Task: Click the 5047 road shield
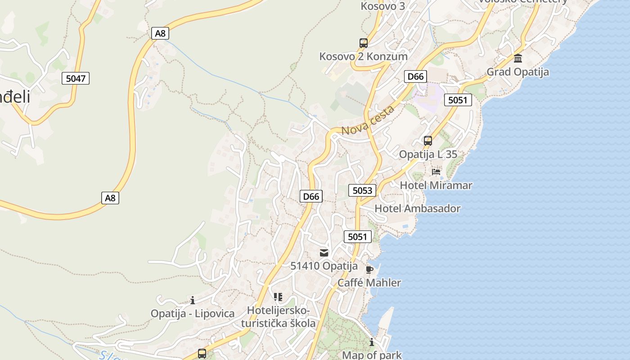click(76, 78)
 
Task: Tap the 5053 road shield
click(362, 190)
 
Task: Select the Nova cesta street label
click(368, 120)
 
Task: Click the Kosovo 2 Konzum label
click(363, 57)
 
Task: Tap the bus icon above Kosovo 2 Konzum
click(364, 43)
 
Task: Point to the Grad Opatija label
click(517, 72)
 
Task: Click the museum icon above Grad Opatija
click(518, 58)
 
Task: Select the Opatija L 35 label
click(428, 154)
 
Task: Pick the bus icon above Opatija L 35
click(428, 141)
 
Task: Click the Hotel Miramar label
click(436, 185)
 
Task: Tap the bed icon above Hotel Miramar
click(436, 171)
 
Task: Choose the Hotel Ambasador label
click(418, 209)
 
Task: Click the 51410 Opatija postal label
click(324, 266)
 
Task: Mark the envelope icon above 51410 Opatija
click(324, 253)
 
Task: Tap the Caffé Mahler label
click(369, 283)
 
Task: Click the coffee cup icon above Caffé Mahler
click(369, 270)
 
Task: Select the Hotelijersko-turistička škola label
click(278, 317)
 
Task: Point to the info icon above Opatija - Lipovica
click(193, 300)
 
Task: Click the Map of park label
click(372, 355)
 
